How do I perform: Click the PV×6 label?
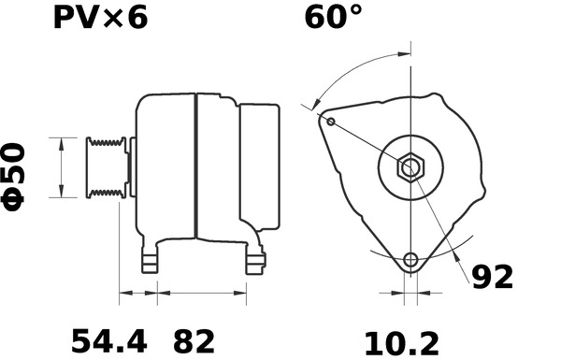coord(97,19)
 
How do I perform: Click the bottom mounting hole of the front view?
coord(410,259)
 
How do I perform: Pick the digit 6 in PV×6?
coord(137,19)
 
